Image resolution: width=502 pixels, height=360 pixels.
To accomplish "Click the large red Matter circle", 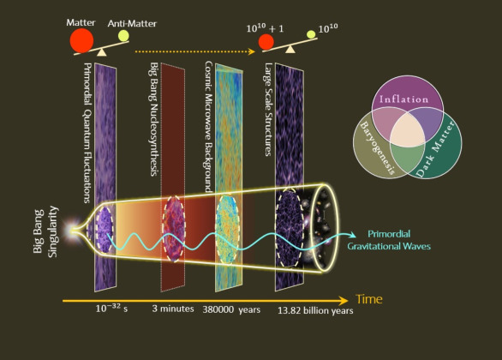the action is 81,40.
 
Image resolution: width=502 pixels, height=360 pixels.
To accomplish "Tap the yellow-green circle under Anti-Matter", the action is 123,35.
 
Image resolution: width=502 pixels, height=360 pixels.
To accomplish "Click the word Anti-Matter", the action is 132,24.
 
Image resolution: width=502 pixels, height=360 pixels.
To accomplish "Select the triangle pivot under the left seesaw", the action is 101,52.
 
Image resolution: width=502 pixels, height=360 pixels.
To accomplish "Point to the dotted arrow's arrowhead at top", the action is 252,51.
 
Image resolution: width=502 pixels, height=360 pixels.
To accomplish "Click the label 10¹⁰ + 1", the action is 265,28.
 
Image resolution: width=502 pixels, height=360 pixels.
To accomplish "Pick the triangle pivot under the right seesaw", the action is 290,49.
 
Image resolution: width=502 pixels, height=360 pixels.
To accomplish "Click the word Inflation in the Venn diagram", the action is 403,99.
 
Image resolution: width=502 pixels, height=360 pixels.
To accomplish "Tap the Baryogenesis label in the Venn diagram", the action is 378,148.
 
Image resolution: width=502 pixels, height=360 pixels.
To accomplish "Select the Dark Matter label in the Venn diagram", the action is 435,149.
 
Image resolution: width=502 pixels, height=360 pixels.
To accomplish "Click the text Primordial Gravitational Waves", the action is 389,240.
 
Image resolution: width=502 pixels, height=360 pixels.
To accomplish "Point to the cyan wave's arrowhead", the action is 352,235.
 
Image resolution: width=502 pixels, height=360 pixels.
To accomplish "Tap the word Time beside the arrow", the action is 369,299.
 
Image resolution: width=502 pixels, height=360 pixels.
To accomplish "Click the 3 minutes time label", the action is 173,309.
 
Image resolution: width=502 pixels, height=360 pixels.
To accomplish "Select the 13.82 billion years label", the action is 315,310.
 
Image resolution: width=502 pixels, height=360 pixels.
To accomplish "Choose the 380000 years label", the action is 231,309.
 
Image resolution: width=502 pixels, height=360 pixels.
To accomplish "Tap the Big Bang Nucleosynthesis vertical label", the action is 154,119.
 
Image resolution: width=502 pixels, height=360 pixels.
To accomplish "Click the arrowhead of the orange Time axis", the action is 344,300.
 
